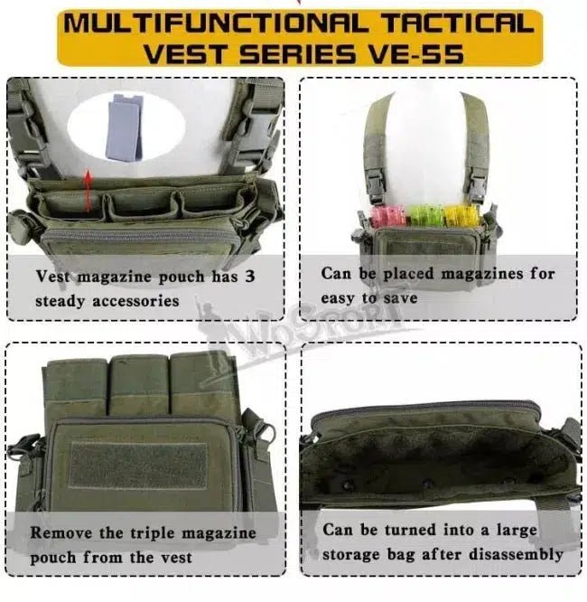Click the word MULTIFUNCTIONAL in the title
coord(215,23)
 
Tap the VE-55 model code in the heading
coord(416,53)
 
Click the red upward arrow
coord(89,190)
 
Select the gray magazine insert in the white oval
coord(124,127)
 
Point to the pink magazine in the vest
coord(388,216)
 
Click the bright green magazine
coord(426,215)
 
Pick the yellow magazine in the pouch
coord(462,216)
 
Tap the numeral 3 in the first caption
coord(250,276)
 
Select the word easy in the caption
coord(338,298)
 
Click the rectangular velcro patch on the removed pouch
coord(138,466)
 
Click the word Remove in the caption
coord(61,533)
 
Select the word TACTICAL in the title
coord(458,23)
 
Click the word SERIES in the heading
coord(298,53)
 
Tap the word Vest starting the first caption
coord(53,276)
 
